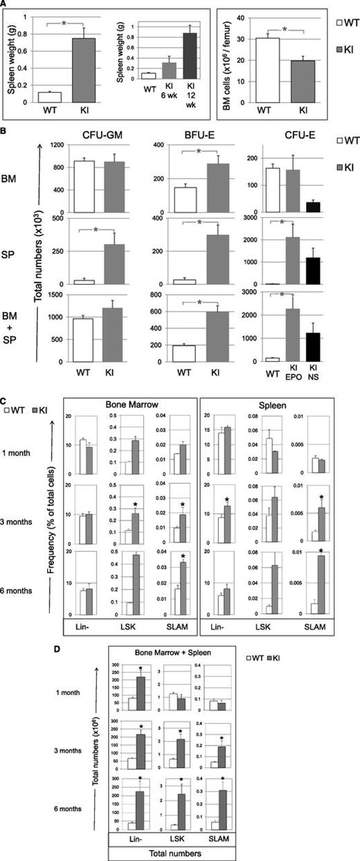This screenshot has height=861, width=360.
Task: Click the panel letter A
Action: (4, 4)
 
